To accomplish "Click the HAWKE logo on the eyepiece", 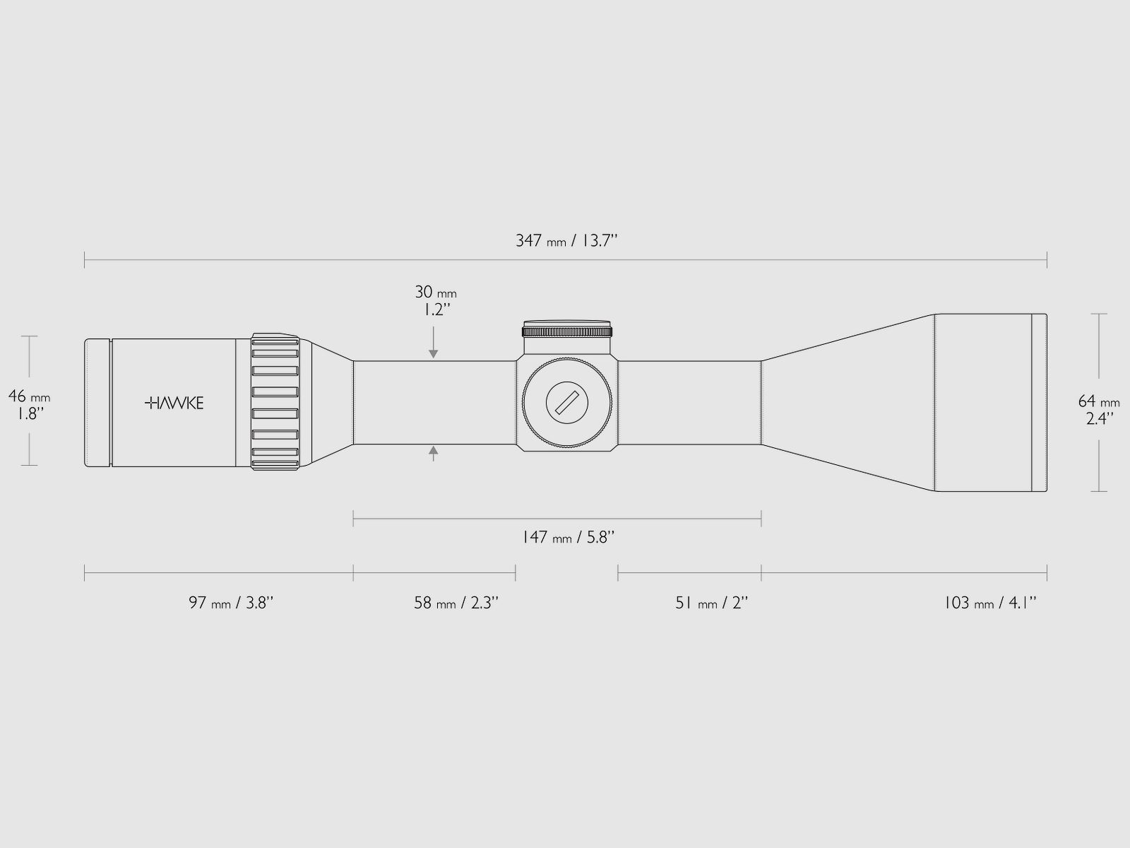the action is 174,403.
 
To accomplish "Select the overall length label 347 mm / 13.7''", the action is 566,240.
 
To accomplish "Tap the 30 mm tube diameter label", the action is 436,301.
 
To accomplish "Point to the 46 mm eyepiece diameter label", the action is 30,404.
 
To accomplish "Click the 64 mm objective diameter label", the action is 1099,409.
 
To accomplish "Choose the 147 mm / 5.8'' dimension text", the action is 568,538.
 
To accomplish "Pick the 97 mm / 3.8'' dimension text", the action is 231,602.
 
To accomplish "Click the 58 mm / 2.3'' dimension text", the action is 456,602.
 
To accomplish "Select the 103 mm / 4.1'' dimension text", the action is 989,602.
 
